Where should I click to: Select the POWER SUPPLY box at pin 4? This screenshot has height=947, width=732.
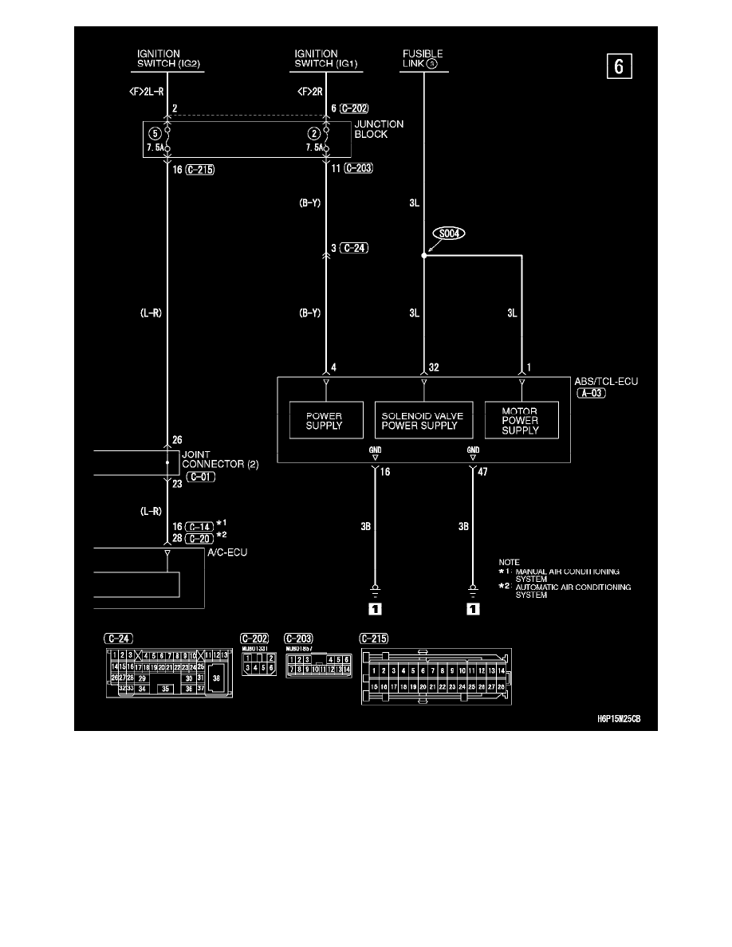point(324,421)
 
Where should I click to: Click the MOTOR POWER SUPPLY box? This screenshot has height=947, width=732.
point(521,420)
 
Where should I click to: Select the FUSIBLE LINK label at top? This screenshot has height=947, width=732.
point(423,60)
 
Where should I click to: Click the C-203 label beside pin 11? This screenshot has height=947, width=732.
point(358,170)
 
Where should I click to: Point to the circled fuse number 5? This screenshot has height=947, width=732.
point(156,133)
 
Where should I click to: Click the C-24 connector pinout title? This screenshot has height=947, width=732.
point(119,638)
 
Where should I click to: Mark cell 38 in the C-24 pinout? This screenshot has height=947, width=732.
point(216,677)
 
